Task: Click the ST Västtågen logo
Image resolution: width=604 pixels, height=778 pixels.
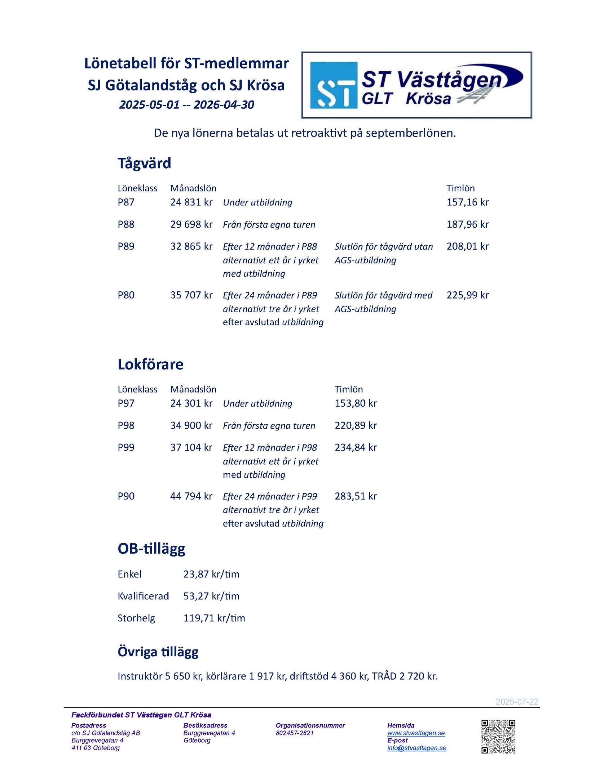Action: [416, 85]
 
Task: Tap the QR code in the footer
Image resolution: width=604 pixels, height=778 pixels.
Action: [498, 737]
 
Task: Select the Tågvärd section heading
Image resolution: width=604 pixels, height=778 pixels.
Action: [144, 163]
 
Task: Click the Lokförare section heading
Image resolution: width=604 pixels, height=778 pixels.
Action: [150, 364]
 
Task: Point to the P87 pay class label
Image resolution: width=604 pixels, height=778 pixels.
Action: [126, 202]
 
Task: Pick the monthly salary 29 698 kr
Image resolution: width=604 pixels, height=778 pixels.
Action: [191, 224]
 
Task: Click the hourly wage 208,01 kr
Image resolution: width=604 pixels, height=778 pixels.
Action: [467, 246]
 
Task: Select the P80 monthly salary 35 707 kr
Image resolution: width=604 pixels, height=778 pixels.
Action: [191, 295]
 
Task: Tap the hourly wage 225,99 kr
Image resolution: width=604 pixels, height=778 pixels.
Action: [467, 295]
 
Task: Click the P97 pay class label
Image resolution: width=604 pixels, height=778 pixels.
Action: [126, 403]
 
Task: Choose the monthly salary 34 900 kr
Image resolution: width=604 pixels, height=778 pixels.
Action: [191, 425]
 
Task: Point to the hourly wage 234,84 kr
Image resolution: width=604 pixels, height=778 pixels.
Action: [356, 447]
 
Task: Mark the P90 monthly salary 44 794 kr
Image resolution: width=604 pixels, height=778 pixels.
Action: [191, 496]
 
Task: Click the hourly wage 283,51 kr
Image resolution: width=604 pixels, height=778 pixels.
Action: [356, 496]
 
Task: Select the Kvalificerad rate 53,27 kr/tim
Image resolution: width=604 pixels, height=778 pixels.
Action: [211, 596]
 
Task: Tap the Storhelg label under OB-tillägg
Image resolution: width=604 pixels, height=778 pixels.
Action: [136, 618]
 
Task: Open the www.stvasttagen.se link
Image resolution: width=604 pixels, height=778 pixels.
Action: [416, 733]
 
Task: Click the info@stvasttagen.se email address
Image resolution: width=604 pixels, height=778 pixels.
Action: [416, 748]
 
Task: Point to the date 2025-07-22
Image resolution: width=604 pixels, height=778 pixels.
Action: [516, 702]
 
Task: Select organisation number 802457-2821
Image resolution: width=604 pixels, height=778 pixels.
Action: [295, 733]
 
